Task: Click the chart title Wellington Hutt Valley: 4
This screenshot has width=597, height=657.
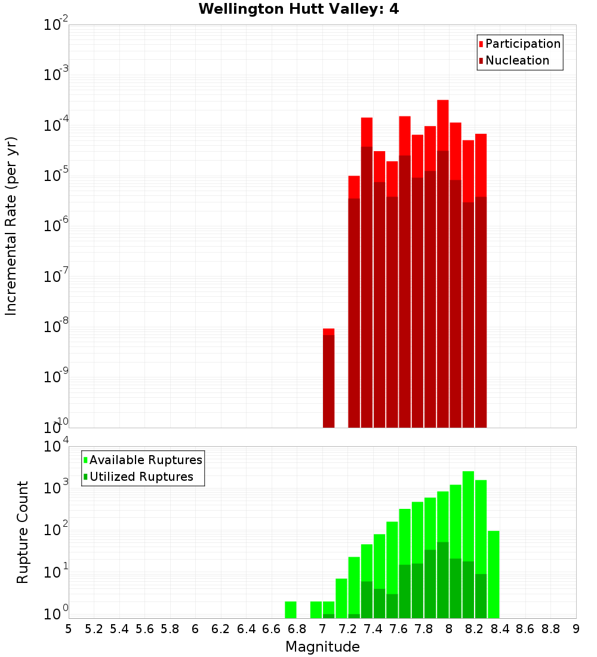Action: [298, 9]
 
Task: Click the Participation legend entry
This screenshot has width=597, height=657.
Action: [522, 44]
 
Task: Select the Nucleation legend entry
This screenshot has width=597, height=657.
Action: [516, 61]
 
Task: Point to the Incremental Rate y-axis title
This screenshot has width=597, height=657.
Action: [11, 226]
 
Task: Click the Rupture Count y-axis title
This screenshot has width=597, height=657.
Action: [23, 532]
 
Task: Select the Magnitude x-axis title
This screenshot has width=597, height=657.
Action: [322, 647]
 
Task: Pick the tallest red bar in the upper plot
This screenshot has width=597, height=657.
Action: [442, 263]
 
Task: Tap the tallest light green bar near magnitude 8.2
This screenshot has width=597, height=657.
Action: [468, 544]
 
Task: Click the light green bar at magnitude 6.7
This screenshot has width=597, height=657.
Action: [291, 610]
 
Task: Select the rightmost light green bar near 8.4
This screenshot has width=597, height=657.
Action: [493, 574]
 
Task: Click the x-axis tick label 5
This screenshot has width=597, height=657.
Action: [69, 629]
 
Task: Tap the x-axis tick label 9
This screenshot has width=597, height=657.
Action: [576, 629]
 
